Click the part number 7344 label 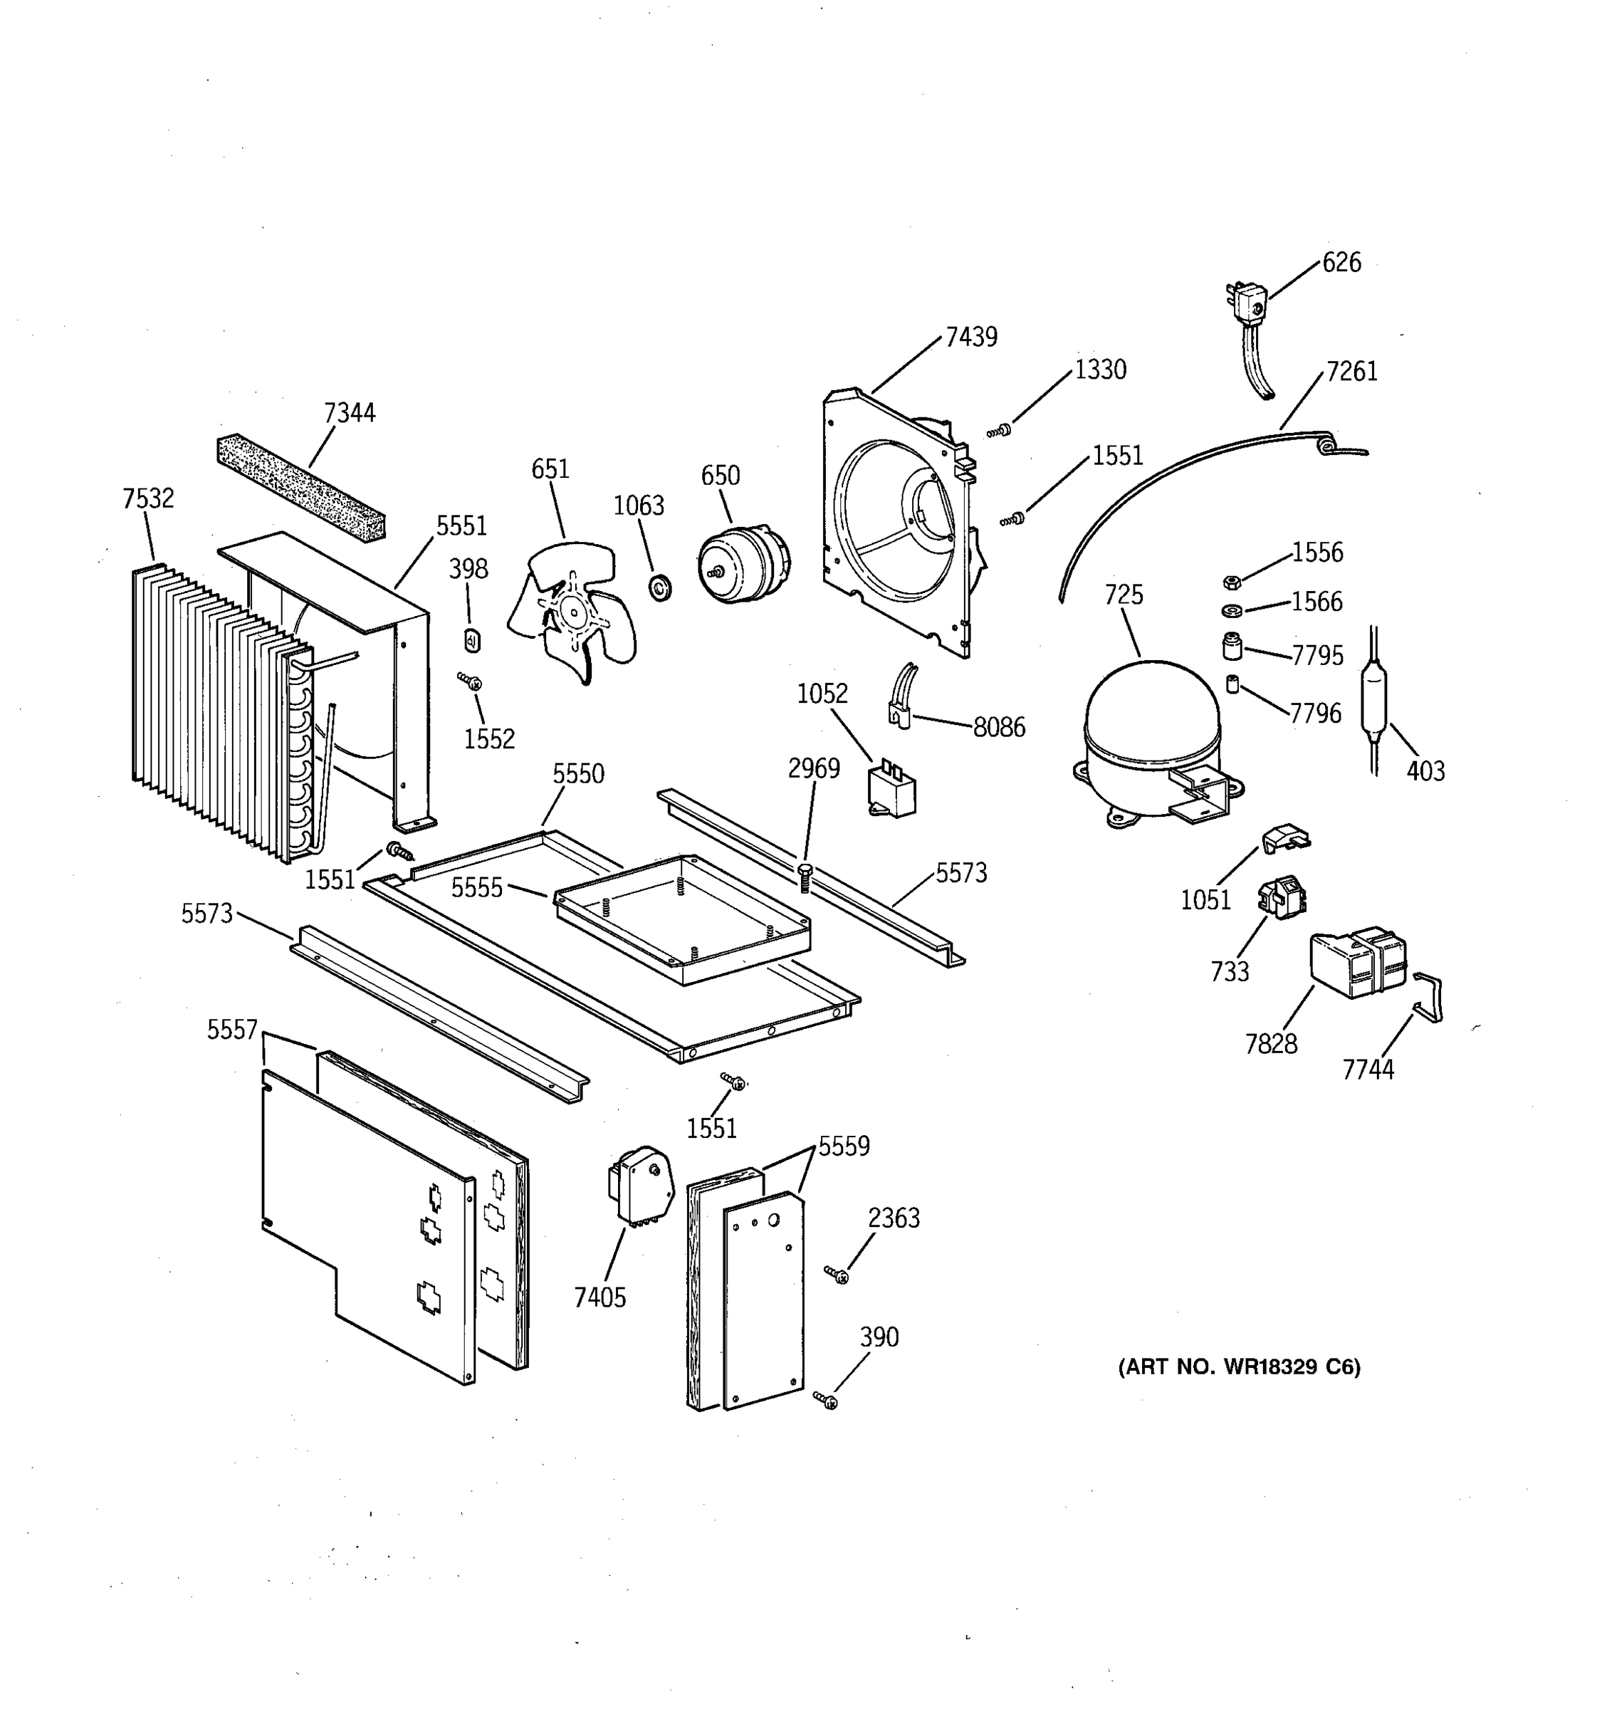click(x=350, y=414)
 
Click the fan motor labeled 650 click(x=742, y=565)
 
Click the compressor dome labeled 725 click(x=1151, y=722)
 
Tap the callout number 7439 click(x=971, y=338)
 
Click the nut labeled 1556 click(x=1231, y=582)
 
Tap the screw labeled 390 click(x=827, y=1401)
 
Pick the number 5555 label click(x=477, y=888)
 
